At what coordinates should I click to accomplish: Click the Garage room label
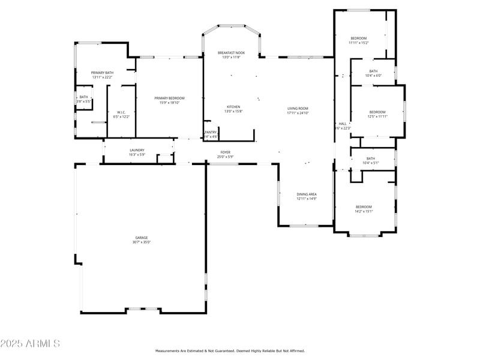tap(141, 238)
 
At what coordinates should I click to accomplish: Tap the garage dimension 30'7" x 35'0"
tap(141, 242)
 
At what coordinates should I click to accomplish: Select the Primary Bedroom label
tap(169, 98)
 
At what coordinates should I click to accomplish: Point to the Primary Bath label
tap(103, 73)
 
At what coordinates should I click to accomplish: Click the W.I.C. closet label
tap(121, 112)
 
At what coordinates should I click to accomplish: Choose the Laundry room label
tap(137, 150)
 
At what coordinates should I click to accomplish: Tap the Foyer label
tap(225, 152)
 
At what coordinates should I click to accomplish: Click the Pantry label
tap(211, 132)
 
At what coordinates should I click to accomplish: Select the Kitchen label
tap(233, 107)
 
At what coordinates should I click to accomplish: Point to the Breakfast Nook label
tap(231, 53)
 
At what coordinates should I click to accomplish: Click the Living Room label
tap(298, 108)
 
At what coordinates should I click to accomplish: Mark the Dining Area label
tap(307, 194)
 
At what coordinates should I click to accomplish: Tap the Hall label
tap(343, 124)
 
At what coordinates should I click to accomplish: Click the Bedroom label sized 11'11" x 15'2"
tap(358, 38)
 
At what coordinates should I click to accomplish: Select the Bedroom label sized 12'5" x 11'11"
tap(377, 112)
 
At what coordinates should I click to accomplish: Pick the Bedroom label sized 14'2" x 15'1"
tap(364, 206)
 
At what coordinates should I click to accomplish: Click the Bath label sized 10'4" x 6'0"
tap(373, 71)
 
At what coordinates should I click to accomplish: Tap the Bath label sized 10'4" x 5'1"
tap(371, 158)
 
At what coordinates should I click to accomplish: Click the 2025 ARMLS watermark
tap(30, 344)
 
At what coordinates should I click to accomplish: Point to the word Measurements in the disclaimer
tap(170, 350)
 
